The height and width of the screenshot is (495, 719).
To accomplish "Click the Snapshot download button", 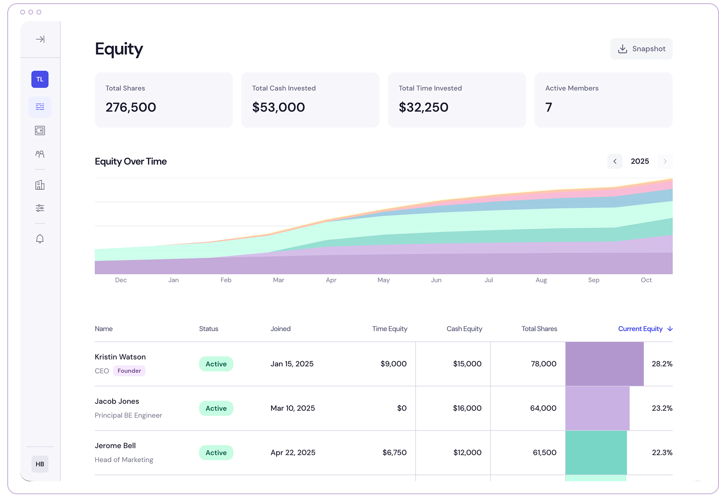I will click(641, 49).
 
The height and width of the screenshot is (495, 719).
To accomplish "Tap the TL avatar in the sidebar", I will click(40, 79).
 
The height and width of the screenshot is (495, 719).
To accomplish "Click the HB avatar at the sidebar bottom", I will click(40, 464).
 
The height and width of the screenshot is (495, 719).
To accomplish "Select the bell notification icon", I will click(40, 239).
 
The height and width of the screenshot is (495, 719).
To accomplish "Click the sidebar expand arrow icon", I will click(40, 39).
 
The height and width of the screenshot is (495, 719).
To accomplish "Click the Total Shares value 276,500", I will click(131, 107).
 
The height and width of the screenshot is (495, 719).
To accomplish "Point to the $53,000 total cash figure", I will click(279, 107).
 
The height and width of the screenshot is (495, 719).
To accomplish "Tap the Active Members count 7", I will click(549, 107).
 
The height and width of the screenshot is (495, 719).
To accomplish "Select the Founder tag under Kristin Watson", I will click(129, 371).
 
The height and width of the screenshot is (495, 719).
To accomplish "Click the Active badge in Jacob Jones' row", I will click(216, 408).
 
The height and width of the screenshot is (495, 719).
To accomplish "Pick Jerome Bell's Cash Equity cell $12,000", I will click(467, 453).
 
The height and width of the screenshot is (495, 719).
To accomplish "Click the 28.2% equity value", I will click(662, 364).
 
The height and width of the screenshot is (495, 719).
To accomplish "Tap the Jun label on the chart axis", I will click(436, 280).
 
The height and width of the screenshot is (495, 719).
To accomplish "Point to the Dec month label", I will click(121, 280).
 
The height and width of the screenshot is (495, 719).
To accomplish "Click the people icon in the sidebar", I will click(40, 154).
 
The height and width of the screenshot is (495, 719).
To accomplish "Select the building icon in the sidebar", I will click(40, 185).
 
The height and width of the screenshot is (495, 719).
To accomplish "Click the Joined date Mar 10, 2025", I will click(293, 408).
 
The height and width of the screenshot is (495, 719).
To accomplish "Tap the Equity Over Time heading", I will click(131, 161).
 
